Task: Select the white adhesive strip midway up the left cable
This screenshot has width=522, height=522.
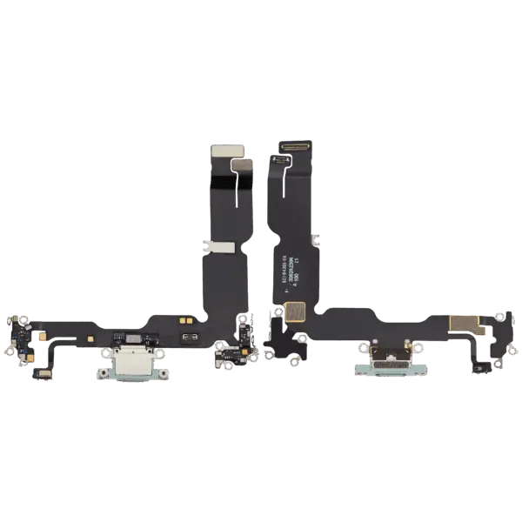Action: pos(217,248)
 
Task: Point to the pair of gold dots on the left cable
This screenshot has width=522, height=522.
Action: pos(184,321)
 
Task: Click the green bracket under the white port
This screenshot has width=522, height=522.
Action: pos(134,373)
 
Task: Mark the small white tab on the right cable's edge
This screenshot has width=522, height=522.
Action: pos(316,236)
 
